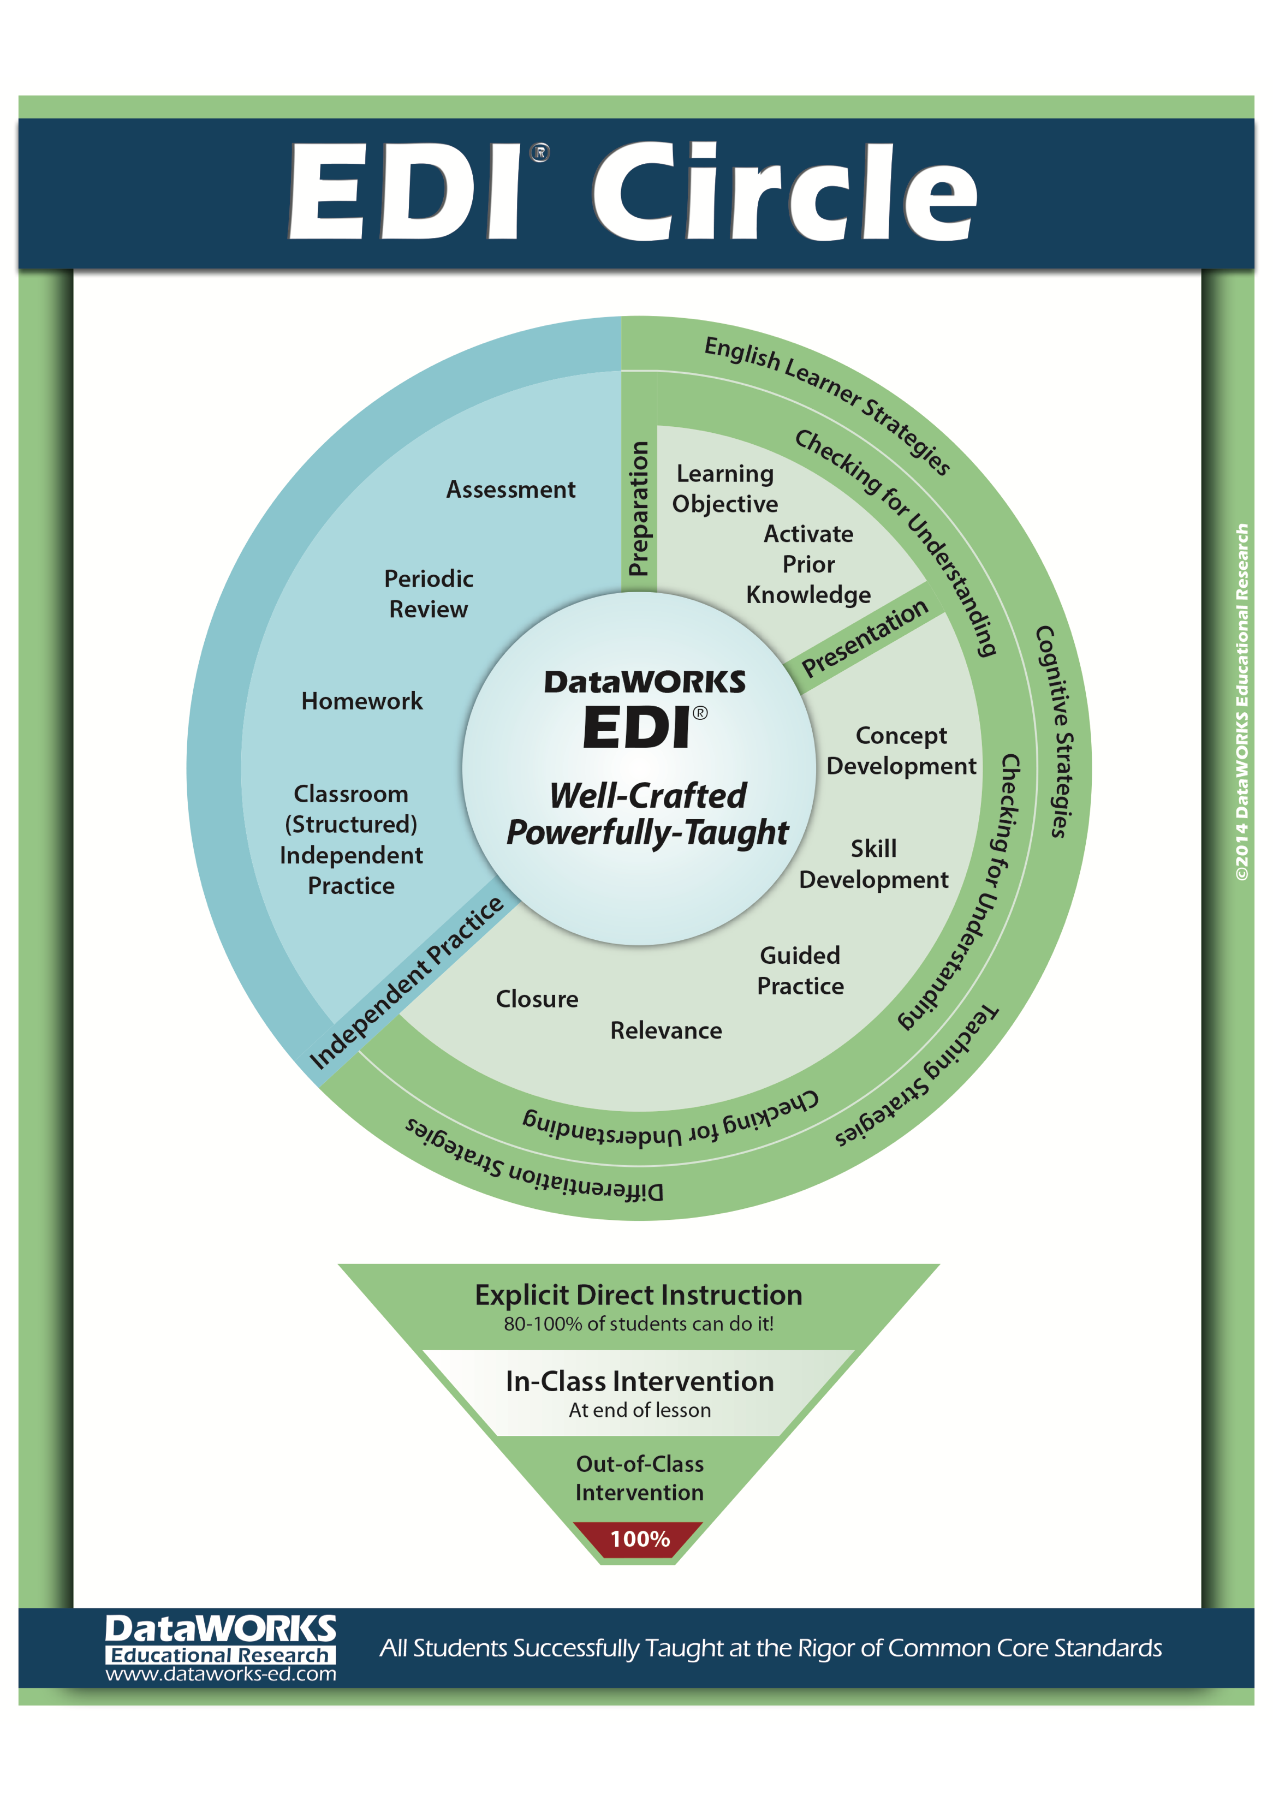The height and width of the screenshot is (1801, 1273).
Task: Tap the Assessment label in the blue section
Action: pyautogui.click(x=510, y=490)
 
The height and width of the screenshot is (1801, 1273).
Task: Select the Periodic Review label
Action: pyautogui.click(x=429, y=594)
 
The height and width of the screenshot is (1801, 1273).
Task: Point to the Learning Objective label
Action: pyautogui.click(x=725, y=488)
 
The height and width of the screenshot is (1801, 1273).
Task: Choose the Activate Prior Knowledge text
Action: pyautogui.click(x=808, y=564)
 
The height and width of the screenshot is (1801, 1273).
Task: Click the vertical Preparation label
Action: pyautogui.click(x=639, y=508)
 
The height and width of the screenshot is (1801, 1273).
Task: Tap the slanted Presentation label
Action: pyautogui.click(x=864, y=638)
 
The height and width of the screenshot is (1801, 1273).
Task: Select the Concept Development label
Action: pyautogui.click(x=901, y=750)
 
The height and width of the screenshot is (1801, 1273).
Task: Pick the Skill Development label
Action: pyautogui.click(x=874, y=863)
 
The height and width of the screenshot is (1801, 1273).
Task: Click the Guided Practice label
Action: pyautogui.click(x=800, y=970)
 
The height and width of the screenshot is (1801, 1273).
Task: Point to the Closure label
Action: pyautogui.click(x=537, y=999)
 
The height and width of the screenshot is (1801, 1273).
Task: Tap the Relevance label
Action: pyautogui.click(x=666, y=1030)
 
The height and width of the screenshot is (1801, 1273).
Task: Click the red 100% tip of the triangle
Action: pyautogui.click(x=639, y=1539)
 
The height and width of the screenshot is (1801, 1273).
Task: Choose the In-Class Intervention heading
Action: pyautogui.click(x=639, y=1381)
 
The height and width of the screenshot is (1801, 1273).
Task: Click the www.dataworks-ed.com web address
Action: pyautogui.click(x=221, y=1674)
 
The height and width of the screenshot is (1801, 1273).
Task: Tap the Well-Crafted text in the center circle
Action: pyautogui.click(x=648, y=795)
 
